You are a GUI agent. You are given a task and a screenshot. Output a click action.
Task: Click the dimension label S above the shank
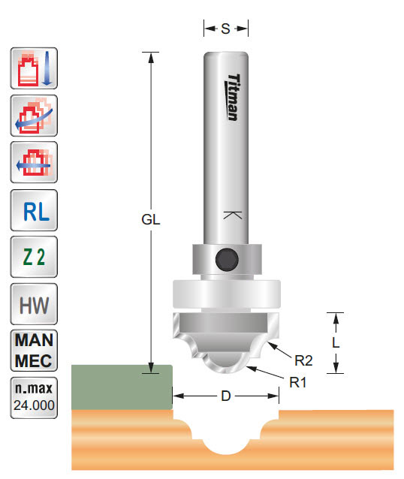tap(225, 29)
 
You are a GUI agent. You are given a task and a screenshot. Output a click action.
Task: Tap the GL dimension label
tap(151, 221)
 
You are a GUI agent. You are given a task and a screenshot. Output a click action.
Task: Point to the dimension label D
tap(225, 396)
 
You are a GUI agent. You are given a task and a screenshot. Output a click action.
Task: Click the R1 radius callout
tap(298, 381)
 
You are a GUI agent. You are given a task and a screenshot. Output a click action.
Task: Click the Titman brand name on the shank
tap(234, 92)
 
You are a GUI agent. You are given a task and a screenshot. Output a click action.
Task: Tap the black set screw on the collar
tap(225, 259)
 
